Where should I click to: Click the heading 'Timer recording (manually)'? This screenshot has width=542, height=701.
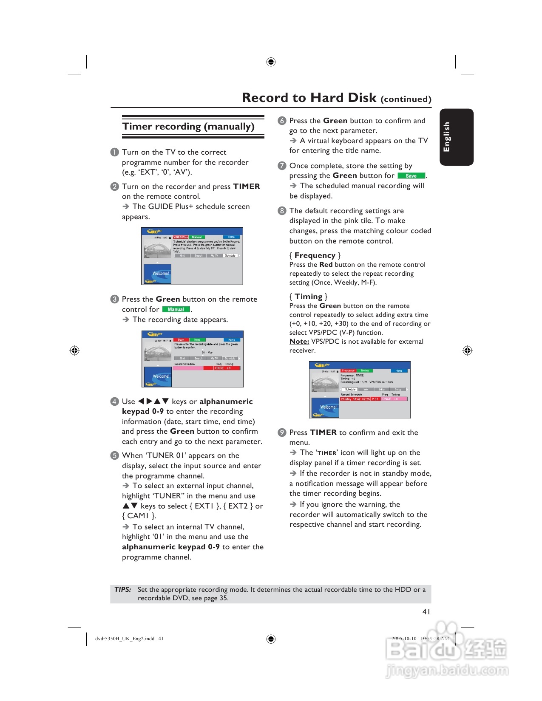point(188,127)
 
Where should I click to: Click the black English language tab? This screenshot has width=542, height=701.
point(456,137)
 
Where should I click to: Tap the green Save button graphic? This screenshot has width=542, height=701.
point(411,176)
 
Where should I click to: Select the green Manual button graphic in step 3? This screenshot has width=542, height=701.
point(176,310)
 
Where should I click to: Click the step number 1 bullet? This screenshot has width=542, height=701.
point(114,153)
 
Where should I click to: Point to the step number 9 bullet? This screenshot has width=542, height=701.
point(282,432)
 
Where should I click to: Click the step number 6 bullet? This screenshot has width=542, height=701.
point(282,121)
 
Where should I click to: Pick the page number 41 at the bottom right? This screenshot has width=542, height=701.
point(426,611)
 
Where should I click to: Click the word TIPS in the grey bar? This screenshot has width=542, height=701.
point(122,589)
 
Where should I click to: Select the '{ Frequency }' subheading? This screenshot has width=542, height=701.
point(315,255)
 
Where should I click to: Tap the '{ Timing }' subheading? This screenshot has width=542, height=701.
point(308,297)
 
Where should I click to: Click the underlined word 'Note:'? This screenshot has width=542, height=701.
point(299,342)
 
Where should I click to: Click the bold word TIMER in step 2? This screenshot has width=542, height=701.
point(247,187)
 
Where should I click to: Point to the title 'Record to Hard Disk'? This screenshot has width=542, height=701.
point(309,98)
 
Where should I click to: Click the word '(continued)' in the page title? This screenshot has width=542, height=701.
point(406,99)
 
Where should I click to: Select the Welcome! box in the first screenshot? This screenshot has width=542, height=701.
point(157,274)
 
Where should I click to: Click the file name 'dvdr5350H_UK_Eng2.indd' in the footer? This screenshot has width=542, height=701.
point(125,639)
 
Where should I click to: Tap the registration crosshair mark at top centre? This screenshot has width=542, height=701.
point(271,62)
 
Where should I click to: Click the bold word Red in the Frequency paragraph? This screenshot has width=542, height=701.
point(326,265)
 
